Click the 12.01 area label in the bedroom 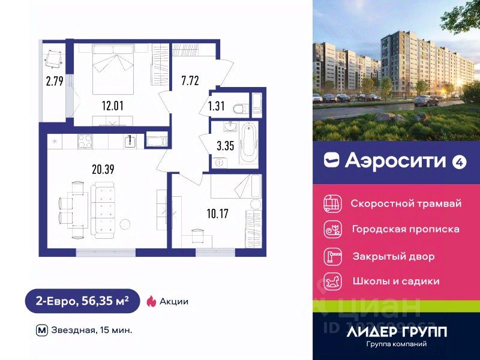coord(112,107)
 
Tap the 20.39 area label coord(103,169)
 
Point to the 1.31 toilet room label coord(217,107)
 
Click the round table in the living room coord(125,224)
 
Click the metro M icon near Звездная coord(41,329)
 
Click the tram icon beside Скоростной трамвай coord(331,203)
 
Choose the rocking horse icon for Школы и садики coord(331,281)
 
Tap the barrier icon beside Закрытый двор coord(331,256)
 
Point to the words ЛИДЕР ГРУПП coord(396,331)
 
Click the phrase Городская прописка coord(406,229)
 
